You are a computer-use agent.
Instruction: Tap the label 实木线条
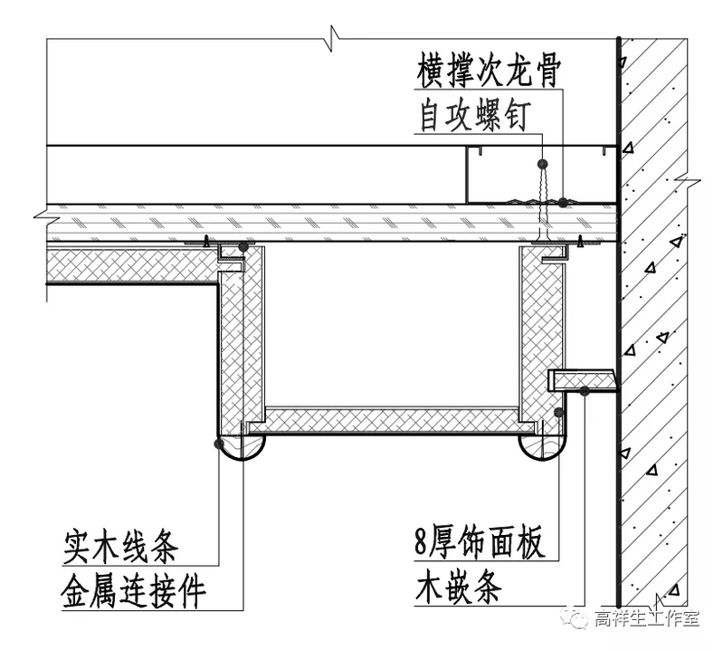pyautogui.click(x=121, y=547)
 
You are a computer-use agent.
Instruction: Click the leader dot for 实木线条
pyautogui.click(x=218, y=443)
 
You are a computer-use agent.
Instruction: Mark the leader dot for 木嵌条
pyautogui.click(x=586, y=390)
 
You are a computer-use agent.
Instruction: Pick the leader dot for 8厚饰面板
pyautogui.click(x=559, y=413)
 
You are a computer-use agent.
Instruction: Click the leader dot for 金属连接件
pyautogui.click(x=243, y=246)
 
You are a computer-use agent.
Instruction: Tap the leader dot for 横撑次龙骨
pyautogui.click(x=542, y=164)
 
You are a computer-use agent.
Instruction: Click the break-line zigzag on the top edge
pyautogui.click(x=334, y=40)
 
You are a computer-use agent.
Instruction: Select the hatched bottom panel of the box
pyautogui.click(x=389, y=420)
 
